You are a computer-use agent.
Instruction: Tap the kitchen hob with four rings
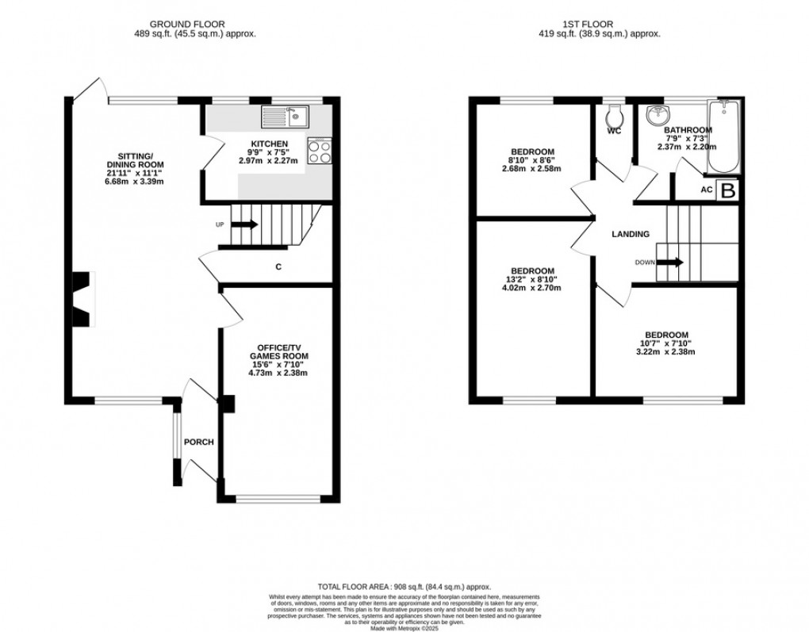[x=320, y=151]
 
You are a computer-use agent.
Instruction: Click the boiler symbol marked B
[x=727, y=190]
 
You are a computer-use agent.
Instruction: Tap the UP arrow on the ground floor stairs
[x=244, y=224]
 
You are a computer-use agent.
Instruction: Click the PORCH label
[x=198, y=442]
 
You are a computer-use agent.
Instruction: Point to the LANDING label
[x=631, y=234]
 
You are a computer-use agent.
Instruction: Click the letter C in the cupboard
[x=278, y=267]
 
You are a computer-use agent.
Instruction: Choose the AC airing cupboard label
[x=706, y=190]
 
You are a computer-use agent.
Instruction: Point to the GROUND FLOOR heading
[x=194, y=25]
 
